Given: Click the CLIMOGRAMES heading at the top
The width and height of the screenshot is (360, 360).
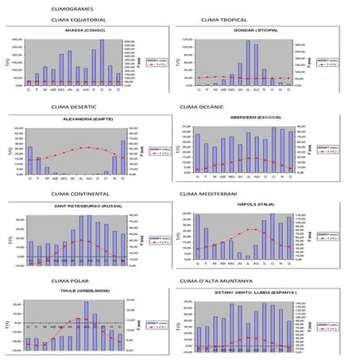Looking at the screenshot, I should (72, 8).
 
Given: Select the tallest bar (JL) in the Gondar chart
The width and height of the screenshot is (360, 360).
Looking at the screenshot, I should (247, 64).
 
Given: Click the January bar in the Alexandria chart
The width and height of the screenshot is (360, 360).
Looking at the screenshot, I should (30, 160).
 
